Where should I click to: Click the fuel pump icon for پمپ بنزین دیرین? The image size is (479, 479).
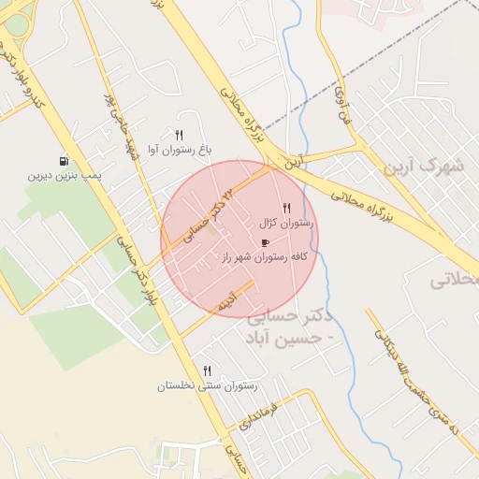pyautogui.click(x=64, y=161)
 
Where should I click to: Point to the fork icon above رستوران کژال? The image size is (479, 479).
pyautogui.click(x=286, y=209)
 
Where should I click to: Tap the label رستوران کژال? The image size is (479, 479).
pyautogui.click(x=287, y=224)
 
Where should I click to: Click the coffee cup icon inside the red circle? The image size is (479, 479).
pyautogui.click(x=266, y=242)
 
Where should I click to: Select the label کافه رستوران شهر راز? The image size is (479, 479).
pyautogui.click(x=266, y=256)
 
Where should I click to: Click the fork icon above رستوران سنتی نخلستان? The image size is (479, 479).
pyautogui.click(x=207, y=370)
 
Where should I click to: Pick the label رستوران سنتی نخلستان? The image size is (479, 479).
pyautogui.click(x=207, y=385)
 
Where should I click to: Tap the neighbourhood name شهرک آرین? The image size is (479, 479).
pyautogui.click(x=423, y=167)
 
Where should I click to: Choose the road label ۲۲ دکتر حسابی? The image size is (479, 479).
pyautogui.click(x=209, y=215)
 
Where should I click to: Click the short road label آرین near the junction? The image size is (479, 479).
pyautogui.click(x=296, y=161)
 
